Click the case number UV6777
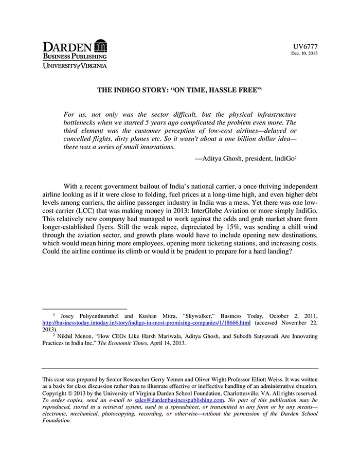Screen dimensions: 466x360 point(305,46)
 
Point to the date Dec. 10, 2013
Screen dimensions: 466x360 point(304,53)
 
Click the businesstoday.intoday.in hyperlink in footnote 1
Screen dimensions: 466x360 point(146,322)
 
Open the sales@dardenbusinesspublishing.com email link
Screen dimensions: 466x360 point(179,400)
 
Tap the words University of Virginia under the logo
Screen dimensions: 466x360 point(75,66)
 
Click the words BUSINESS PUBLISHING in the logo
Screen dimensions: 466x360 point(75,56)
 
